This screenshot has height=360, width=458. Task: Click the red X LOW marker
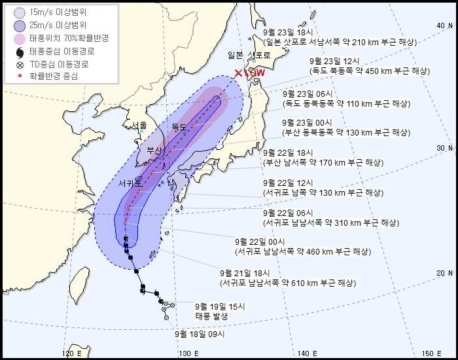[238, 73]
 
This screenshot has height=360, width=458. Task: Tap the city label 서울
[139, 124]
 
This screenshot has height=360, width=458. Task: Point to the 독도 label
[179, 126]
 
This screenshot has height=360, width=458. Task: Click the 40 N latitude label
[445, 25]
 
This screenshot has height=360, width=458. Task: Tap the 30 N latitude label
[445, 149]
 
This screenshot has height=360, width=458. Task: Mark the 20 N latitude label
[445, 273]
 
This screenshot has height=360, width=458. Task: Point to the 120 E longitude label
[72, 353]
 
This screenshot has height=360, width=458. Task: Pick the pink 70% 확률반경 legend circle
[16, 39]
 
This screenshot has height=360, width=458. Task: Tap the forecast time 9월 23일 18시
[288, 31]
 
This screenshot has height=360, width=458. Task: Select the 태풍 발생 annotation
[212, 316]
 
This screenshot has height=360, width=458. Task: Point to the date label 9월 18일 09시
[200, 333]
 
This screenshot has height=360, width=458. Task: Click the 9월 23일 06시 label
[308, 93]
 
